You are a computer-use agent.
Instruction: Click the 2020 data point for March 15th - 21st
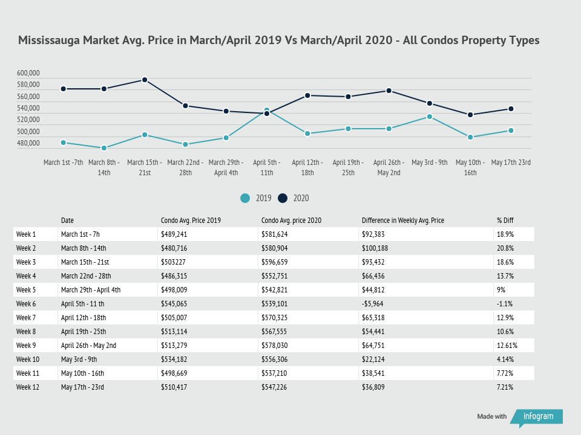pos(145,80)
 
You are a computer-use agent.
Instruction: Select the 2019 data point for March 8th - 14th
pos(104,148)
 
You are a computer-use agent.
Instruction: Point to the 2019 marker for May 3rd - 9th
pos(430,117)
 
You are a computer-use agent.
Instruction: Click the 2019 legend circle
pos(245,198)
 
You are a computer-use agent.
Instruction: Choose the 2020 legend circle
pos(283,198)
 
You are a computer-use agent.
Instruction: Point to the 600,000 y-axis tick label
pos(28,73)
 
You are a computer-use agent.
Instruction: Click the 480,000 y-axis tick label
pos(28,143)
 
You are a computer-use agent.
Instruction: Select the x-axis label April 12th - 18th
pos(307,167)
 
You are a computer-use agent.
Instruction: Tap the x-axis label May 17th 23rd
pos(511,163)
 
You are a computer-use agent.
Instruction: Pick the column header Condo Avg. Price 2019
pos(191,221)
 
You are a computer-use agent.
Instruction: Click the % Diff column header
pos(505,221)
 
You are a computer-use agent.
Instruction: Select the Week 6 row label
pos(27,304)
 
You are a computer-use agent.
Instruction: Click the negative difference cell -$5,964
pos(375,304)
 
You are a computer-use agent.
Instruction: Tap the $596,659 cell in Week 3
pos(274,262)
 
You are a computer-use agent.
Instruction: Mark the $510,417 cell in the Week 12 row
pos(173,387)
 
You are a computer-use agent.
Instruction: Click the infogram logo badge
pos(537,416)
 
